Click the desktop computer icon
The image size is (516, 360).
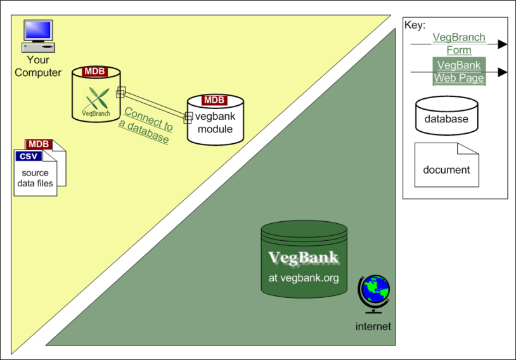[x=38, y=36]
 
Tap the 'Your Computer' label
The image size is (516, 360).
[x=38, y=66]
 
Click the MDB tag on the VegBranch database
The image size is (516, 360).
[x=95, y=72]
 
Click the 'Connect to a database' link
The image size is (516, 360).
[x=146, y=125]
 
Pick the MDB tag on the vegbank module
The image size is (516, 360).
[x=214, y=100]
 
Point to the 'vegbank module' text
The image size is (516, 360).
[x=216, y=122]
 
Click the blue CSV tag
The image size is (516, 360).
[x=29, y=156]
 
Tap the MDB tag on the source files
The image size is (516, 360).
[x=39, y=144]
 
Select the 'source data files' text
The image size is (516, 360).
[x=35, y=178]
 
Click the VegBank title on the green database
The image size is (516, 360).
[x=304, y=258]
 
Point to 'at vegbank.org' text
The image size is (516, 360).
[x=304, y=278]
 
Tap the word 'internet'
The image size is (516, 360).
[x=373, y=326]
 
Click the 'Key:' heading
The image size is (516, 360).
[x=415, y=25]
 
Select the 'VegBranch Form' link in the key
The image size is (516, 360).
[x=459, y=44]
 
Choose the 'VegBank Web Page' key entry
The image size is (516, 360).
[x=459, y=72]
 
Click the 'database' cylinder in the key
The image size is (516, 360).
[x=446, y=115]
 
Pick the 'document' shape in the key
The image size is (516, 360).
[x=446, y=165]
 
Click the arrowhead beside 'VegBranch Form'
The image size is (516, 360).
[x=503, y=44]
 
